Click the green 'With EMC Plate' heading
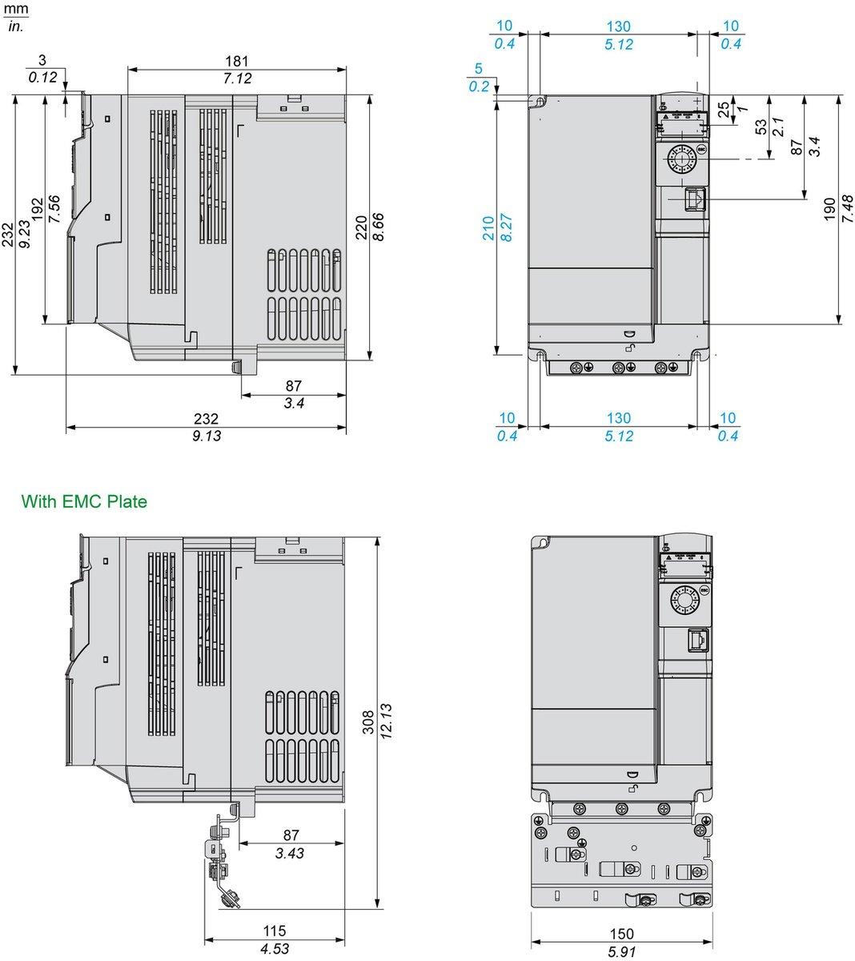pos(84,502)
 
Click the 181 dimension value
pos(237,61)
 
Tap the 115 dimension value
pos(275,931)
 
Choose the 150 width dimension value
pos(621,934)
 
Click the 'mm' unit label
pos(18,10)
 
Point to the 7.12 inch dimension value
pos(237,78)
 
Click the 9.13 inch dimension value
pos(207,436)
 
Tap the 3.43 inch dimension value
pos(290,854)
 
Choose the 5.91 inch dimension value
pos(621,951)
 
